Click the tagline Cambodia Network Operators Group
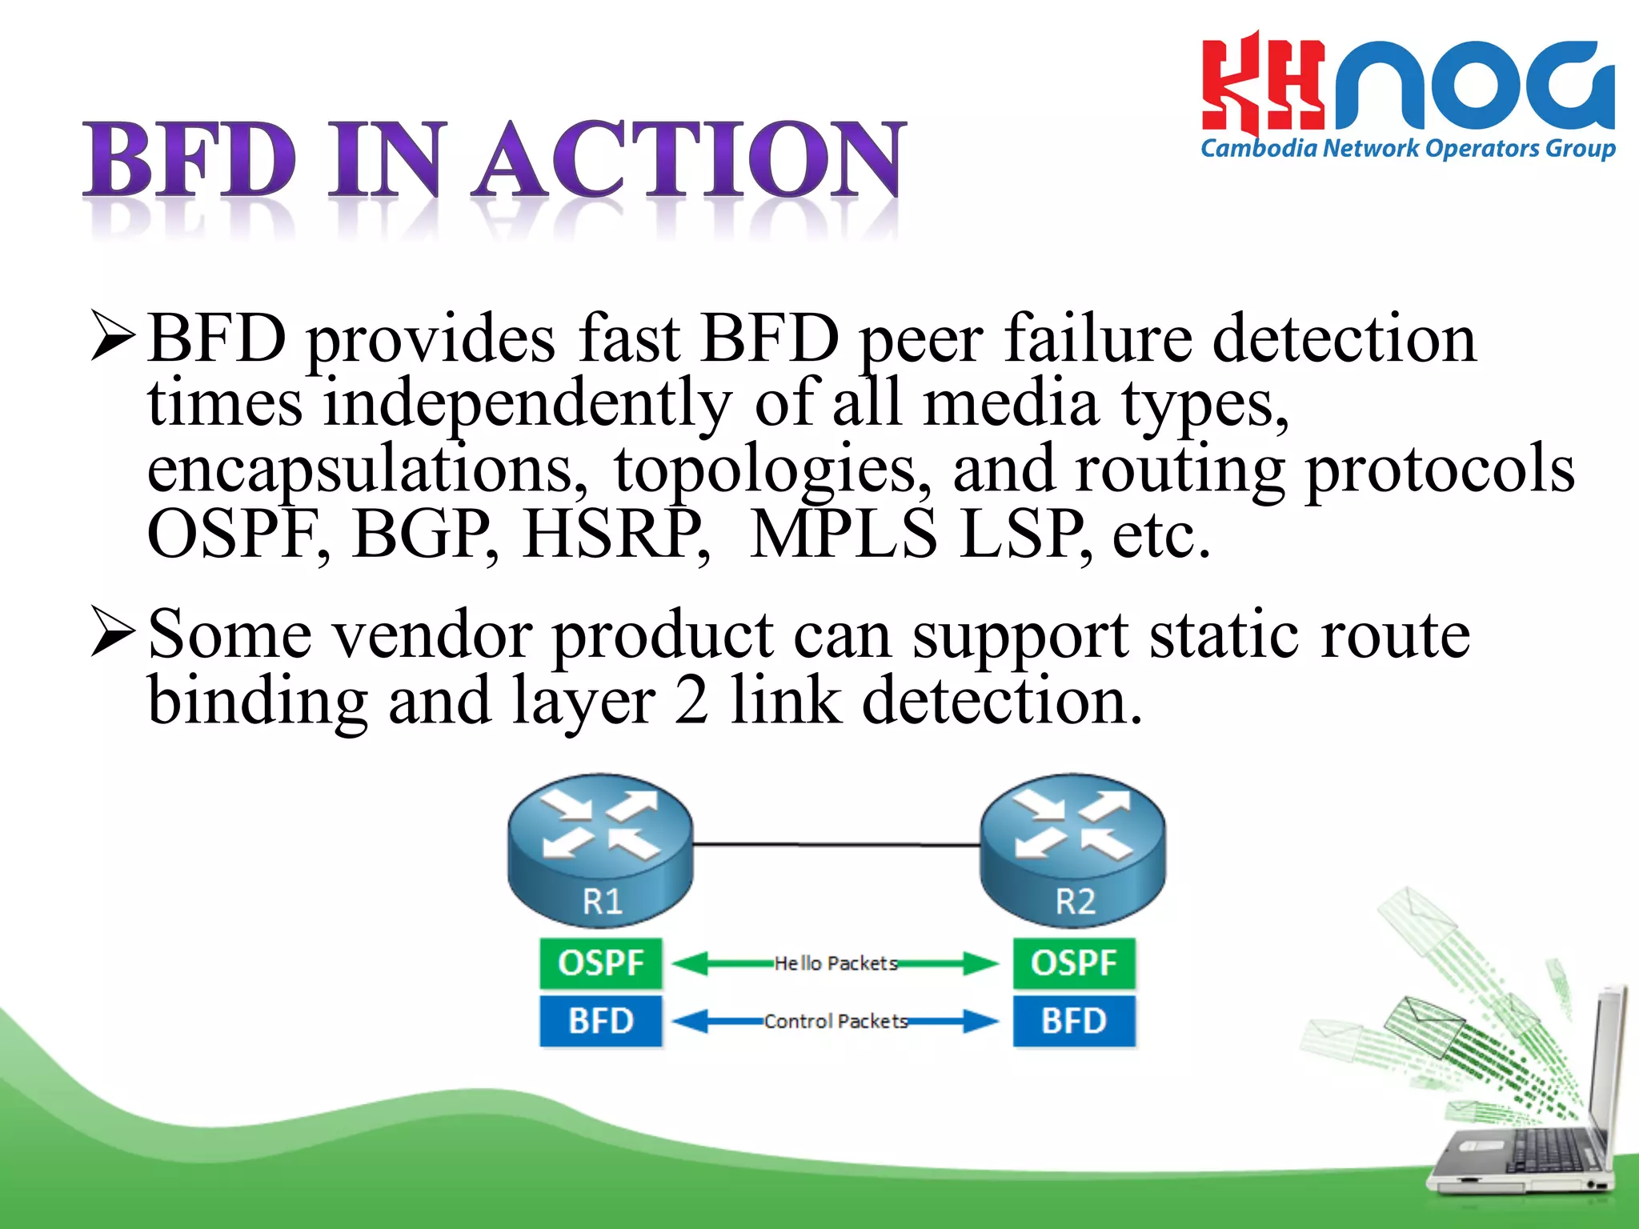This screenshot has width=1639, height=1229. [1407, 149]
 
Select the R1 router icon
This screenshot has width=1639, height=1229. [600, 848]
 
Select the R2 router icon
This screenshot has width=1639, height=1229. [1072, 848]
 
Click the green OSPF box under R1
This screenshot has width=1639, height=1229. [600, 963]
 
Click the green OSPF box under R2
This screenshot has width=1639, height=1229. [1073, 963]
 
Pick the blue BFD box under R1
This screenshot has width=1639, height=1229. [600, 1021]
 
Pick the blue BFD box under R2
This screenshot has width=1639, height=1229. [1073, 1021]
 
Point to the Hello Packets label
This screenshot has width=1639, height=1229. [836, 963]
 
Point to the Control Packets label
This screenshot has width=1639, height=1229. [836, 1021]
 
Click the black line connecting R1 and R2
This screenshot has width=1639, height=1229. [836, 844]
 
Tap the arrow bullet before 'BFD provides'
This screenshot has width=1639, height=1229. [112, 336]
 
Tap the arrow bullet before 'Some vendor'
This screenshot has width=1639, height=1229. [112, 632]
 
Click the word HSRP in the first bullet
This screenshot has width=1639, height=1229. [615, 534]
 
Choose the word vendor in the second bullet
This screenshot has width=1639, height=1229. [432, 635]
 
